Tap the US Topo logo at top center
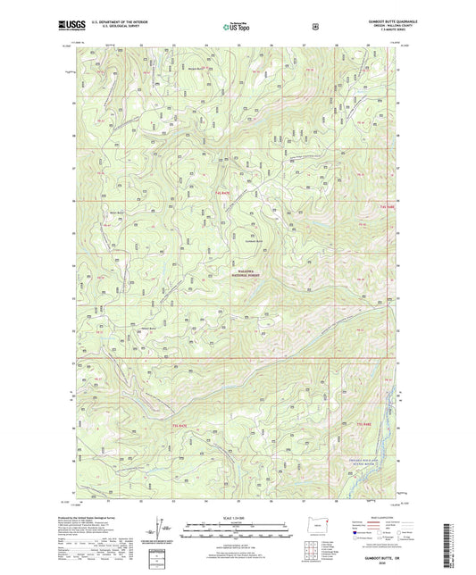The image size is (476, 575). tap(237, 28)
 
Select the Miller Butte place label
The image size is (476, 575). tap(116, 212)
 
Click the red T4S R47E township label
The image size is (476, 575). tap(221, 192)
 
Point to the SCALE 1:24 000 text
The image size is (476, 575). tap(237, 519)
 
